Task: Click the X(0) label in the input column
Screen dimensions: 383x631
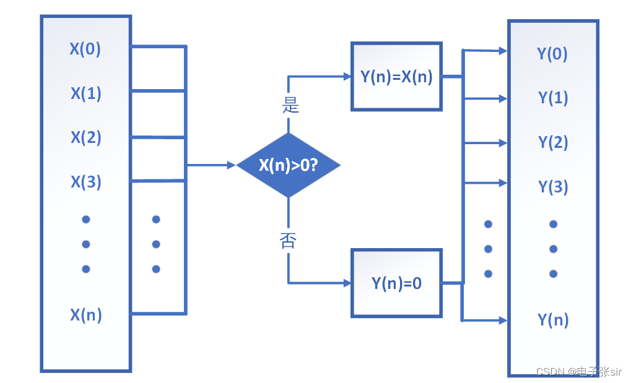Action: point(85,49)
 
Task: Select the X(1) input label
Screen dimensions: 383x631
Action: point(85,93)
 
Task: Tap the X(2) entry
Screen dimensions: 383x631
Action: point(85,137)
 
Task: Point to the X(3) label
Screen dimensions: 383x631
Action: point(85,182)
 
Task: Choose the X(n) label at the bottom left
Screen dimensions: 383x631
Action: point(85,315)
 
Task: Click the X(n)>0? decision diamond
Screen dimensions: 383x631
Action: point(289,165)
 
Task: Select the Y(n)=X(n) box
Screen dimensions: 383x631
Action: point(396,77)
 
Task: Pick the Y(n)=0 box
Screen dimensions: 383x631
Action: point(396,283)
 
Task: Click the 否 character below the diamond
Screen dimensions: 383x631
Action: point(288,240)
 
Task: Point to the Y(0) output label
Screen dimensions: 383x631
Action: point(552,54)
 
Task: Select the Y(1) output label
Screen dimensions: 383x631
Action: point(552,98)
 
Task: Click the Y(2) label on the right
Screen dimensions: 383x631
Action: point(552,142)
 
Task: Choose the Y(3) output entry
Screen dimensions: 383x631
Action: point(552,187)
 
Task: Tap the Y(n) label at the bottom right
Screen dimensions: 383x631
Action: point(552,320)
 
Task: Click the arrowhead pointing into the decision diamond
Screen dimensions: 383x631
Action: point(232,165)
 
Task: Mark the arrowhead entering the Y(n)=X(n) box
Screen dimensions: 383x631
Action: point(347,77)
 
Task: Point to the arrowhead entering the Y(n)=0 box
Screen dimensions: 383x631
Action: point(347,283)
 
